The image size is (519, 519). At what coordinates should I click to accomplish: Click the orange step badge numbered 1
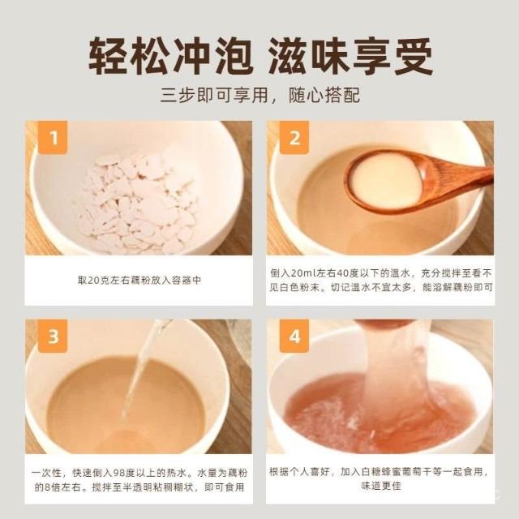pos(53,137)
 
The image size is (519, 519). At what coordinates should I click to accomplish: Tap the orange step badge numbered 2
pos(294,137)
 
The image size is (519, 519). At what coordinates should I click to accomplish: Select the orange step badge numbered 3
pos(53,336)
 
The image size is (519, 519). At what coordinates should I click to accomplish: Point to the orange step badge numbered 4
pos(294,336)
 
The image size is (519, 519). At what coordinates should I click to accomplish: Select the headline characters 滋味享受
pos(350,56)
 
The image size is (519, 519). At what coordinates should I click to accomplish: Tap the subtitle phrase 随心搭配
pos(324,96)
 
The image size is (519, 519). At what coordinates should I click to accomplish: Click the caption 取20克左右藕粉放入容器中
pos(139,280)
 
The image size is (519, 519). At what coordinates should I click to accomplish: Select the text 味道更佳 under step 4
pos(381,486)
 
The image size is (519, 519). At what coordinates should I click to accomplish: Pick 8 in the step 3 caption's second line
pos(47,487)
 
